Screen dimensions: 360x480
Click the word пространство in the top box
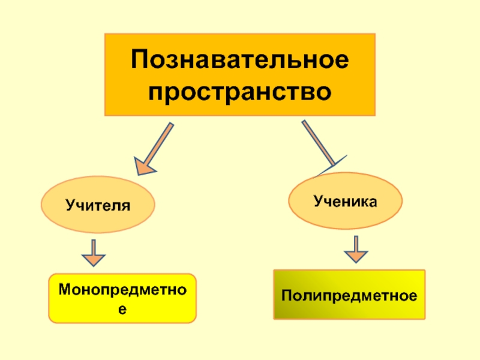tap(240, 92)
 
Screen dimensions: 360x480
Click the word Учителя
tap(98, 205)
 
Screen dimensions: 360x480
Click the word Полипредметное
tap(349, 296)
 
